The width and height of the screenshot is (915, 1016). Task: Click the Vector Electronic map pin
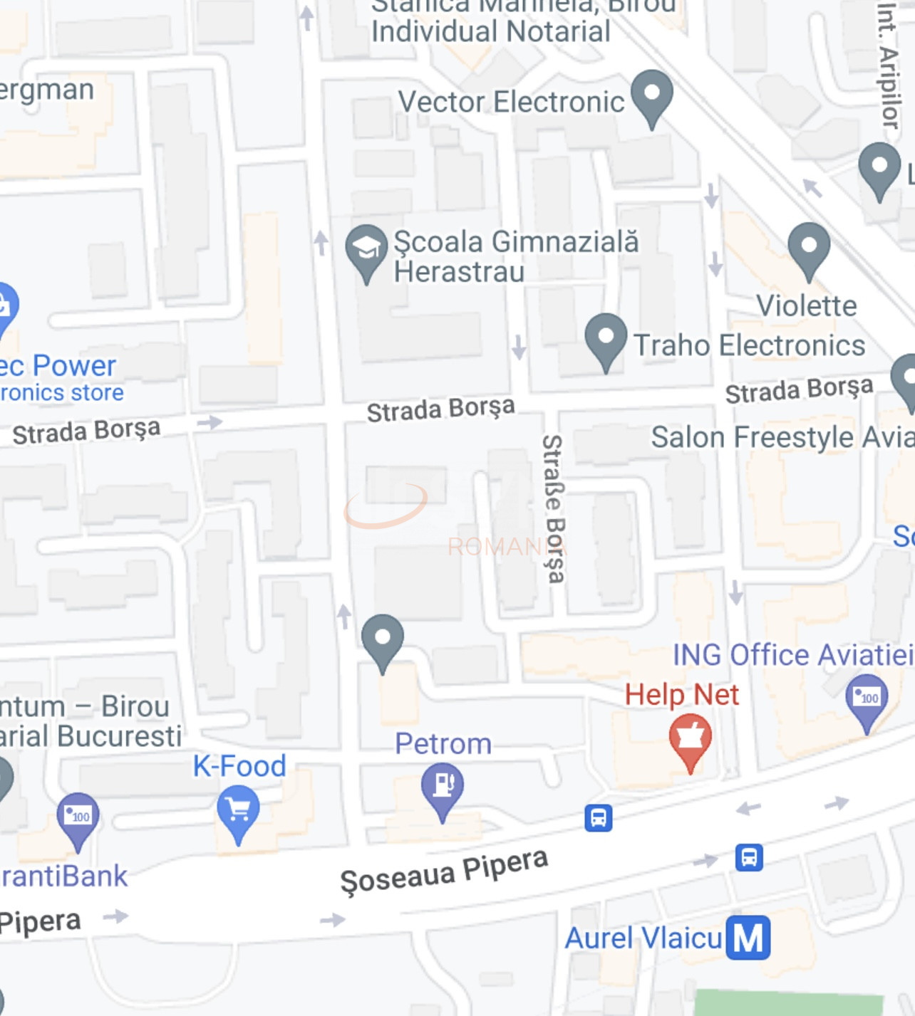point(652,96)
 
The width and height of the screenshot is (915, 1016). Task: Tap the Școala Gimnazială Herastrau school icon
point(366,251)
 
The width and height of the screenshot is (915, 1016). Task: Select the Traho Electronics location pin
point(606,340)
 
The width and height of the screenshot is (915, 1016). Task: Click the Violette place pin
point(809,249)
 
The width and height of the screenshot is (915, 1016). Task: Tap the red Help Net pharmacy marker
point(690,740)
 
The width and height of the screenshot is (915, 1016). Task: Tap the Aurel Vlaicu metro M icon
point(748,937)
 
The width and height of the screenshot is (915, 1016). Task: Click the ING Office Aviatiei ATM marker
point(867,699)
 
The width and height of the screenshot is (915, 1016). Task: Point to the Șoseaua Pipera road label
point(444,871)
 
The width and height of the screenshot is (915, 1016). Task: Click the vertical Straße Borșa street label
point(553,508)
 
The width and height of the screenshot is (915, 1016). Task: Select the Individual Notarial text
point(490,32)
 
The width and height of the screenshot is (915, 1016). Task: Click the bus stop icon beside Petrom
point(598,818)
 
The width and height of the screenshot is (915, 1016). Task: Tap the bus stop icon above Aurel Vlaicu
point(749,857)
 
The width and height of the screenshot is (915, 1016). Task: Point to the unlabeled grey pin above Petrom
point(383,639)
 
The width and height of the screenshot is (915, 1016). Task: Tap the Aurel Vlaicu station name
point(643,938)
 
